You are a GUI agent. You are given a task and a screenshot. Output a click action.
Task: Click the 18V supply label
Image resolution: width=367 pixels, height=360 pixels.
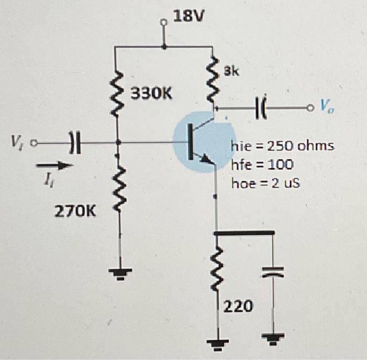tap(187, 17)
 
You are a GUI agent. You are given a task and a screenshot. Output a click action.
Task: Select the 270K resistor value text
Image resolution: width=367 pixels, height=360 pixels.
tap(75, 212)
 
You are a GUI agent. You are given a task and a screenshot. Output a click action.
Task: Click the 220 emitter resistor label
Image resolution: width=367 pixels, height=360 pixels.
tap(239, 305)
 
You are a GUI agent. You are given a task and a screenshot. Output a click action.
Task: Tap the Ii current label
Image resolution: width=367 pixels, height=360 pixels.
tap(48, 183)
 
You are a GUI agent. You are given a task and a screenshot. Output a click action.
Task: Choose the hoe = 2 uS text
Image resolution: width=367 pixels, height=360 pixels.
tap(266, 184)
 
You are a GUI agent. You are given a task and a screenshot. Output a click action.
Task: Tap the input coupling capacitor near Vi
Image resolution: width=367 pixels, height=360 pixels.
tap(76, 141)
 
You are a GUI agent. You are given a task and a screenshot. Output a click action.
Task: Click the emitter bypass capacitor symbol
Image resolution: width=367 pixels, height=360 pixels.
tap(273, 271)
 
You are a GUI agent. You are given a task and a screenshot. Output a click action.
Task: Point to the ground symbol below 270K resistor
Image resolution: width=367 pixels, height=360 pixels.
tap(120, 273)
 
